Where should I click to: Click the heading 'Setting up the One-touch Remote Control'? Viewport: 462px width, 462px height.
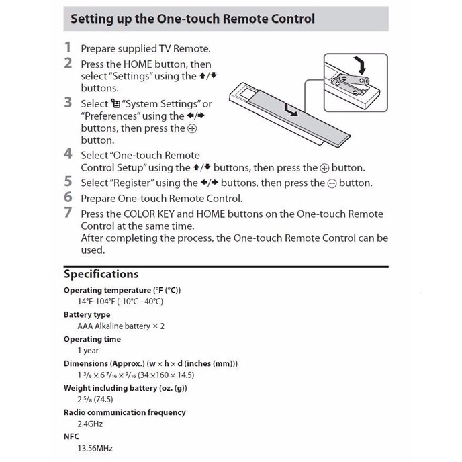click(193, 19)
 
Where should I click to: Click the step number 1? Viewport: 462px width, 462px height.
click(68, 48)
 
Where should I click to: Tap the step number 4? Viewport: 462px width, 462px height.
click(68, 154)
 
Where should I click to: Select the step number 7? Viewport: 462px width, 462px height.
click(68, 213)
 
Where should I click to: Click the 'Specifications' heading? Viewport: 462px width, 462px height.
click(101, 274)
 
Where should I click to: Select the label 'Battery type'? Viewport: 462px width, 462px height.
click(87, 314)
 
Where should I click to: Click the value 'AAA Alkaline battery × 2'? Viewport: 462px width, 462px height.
click(121, 326)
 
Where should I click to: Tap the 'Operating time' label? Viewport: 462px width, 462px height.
click(92, 339)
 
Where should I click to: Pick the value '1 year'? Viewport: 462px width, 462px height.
click(88, 351)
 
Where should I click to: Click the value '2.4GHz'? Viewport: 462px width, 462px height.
click(90, 424)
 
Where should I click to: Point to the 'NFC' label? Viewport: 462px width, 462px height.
click(71, 436)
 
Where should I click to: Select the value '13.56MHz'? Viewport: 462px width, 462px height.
click(94, 449)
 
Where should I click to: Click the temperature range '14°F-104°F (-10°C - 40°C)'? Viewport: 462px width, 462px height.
click(120, 302)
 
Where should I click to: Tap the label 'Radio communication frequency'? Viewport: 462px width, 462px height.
click(124, 412)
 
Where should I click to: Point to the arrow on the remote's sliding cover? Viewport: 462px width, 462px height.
click(291, 109)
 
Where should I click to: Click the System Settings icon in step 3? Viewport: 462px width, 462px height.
click(104, 104)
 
